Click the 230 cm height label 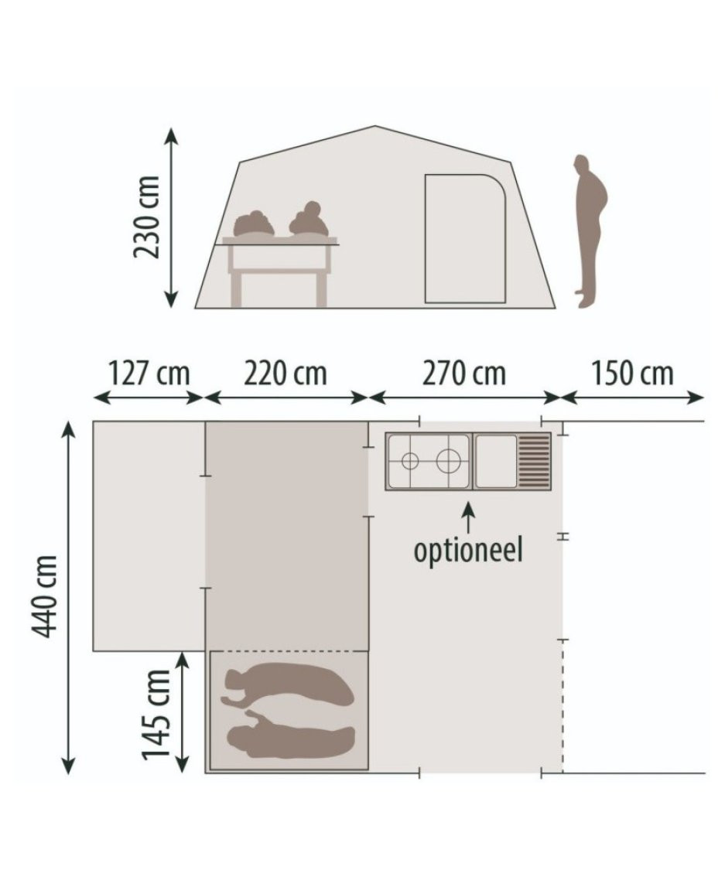[x=147, y=217]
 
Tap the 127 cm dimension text [x=149, y=374]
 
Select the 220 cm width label [x=286, y=374]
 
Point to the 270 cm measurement [x=464, y=374]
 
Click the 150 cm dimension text [x=632, y=374]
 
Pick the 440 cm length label [x=45, y=596]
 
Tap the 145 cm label [x=156, y=714]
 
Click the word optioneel [x=469, y=551]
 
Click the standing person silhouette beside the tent [x=590, y=230]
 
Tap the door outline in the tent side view [x=465, y=239]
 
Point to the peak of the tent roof [x=375, y=127]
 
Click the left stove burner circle [x=409, y=461]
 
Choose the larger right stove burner [x=448, y=461]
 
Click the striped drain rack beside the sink [x=534, y=461]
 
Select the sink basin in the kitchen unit [x=496, y=461]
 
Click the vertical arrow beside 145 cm [x=182, y=712]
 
